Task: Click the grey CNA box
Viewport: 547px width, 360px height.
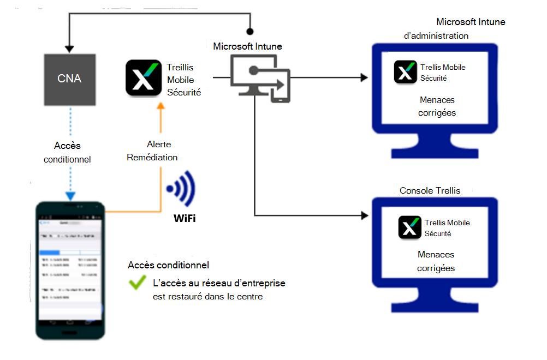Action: click(69, 79)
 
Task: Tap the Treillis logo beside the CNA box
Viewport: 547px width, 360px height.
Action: click(144, 77)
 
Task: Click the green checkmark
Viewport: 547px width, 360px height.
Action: click(136, 283)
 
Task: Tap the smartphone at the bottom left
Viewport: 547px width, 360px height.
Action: click(70, 269)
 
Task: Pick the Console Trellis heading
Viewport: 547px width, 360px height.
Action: click(430, 191)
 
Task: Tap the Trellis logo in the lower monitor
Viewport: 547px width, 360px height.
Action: click(410, 227)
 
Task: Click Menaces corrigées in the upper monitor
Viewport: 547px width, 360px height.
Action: click(437, 106)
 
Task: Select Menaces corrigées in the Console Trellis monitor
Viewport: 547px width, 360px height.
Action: click(436, 261)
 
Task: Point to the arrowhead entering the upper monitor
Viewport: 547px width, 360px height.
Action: click(364, 78)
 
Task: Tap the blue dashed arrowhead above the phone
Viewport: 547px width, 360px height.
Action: click(70, 196)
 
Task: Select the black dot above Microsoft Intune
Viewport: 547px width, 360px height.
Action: click(250, 32)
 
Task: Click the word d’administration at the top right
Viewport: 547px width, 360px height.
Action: click(436, 36)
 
